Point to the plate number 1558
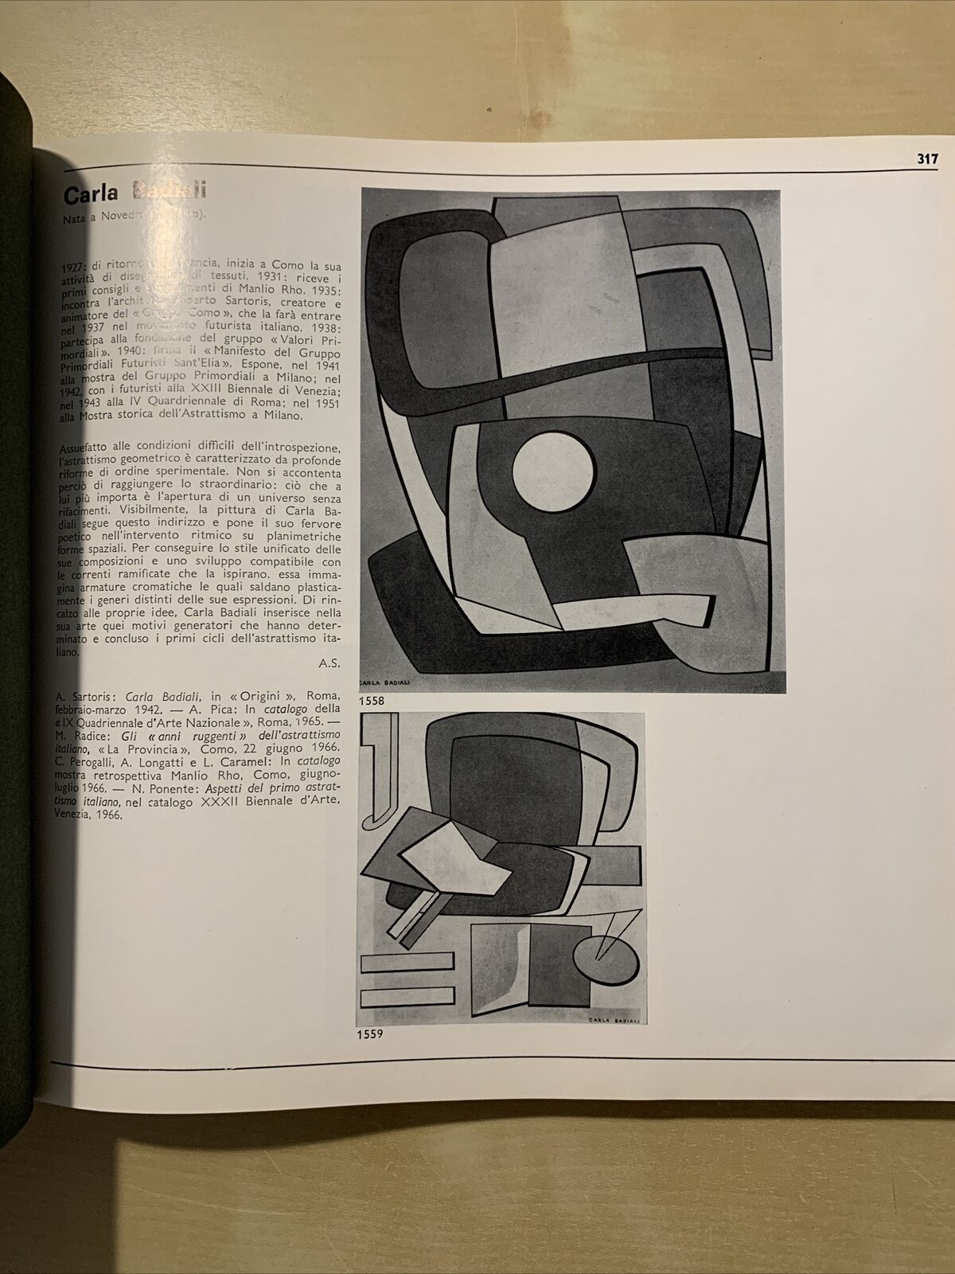click(x=372, y=701)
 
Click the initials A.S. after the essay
click(x=329, y=660)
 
